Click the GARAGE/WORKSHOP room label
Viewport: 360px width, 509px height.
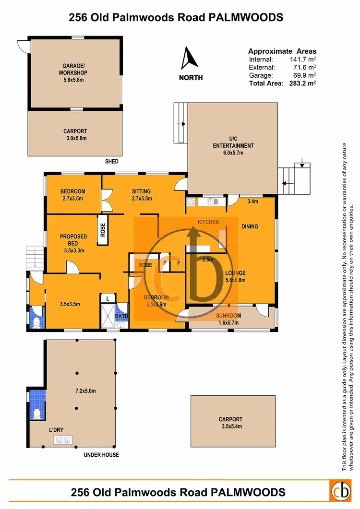coord(74,70)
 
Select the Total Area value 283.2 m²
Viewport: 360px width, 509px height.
coord(302,83)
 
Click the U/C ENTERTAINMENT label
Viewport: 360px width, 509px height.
coord(234,142)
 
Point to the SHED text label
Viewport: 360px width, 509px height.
coord(112,162)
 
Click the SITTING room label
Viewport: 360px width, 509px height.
coord(141,191)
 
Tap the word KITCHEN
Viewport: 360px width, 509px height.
coord(208,222)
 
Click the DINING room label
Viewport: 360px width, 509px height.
coord(250,226)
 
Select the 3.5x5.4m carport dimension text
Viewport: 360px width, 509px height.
coord(230,426)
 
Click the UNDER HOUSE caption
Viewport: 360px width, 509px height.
coord(101,455)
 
